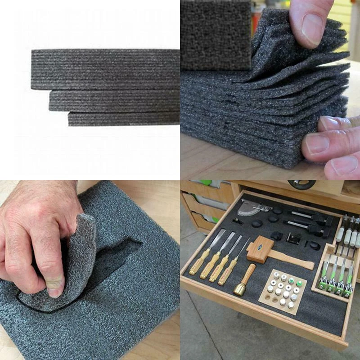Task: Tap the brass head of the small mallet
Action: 239,288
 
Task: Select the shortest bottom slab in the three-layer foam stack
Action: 124,119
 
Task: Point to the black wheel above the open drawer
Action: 302,184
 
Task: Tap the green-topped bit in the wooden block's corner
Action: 299,284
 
